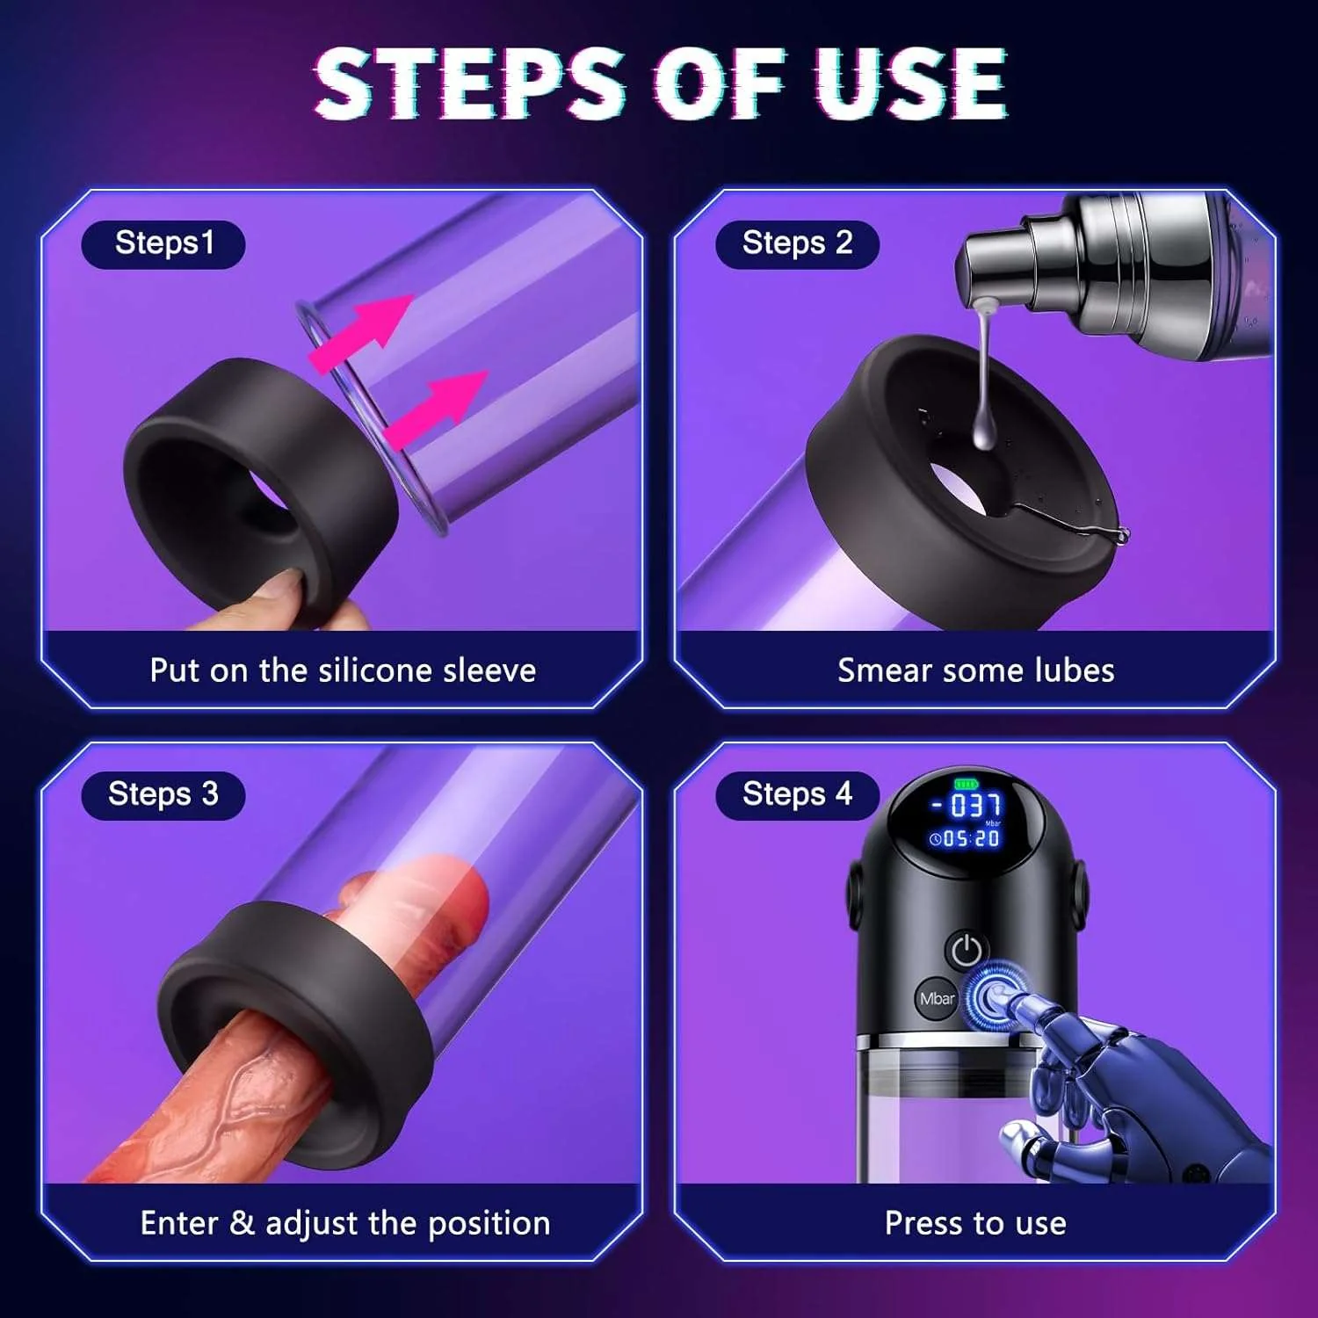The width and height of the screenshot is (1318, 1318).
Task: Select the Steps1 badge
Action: point(163,243)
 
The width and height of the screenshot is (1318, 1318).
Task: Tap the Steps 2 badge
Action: point(797,243)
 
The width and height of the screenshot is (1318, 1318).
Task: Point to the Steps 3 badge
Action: point(163,794)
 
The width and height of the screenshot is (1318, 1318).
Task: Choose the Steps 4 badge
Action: point(797,794)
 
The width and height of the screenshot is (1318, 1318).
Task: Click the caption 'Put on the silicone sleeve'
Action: point(343,670)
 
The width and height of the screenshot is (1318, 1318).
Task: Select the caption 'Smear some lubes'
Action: point(975,670)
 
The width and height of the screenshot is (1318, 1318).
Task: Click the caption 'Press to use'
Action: point(975,1223)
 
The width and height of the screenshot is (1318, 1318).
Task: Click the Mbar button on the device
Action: point(937,999)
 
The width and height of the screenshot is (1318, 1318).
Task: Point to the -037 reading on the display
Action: point(967,804)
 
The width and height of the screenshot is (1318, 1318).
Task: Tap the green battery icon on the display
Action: point(966,783)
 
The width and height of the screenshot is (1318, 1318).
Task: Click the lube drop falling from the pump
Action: point(984,430)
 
